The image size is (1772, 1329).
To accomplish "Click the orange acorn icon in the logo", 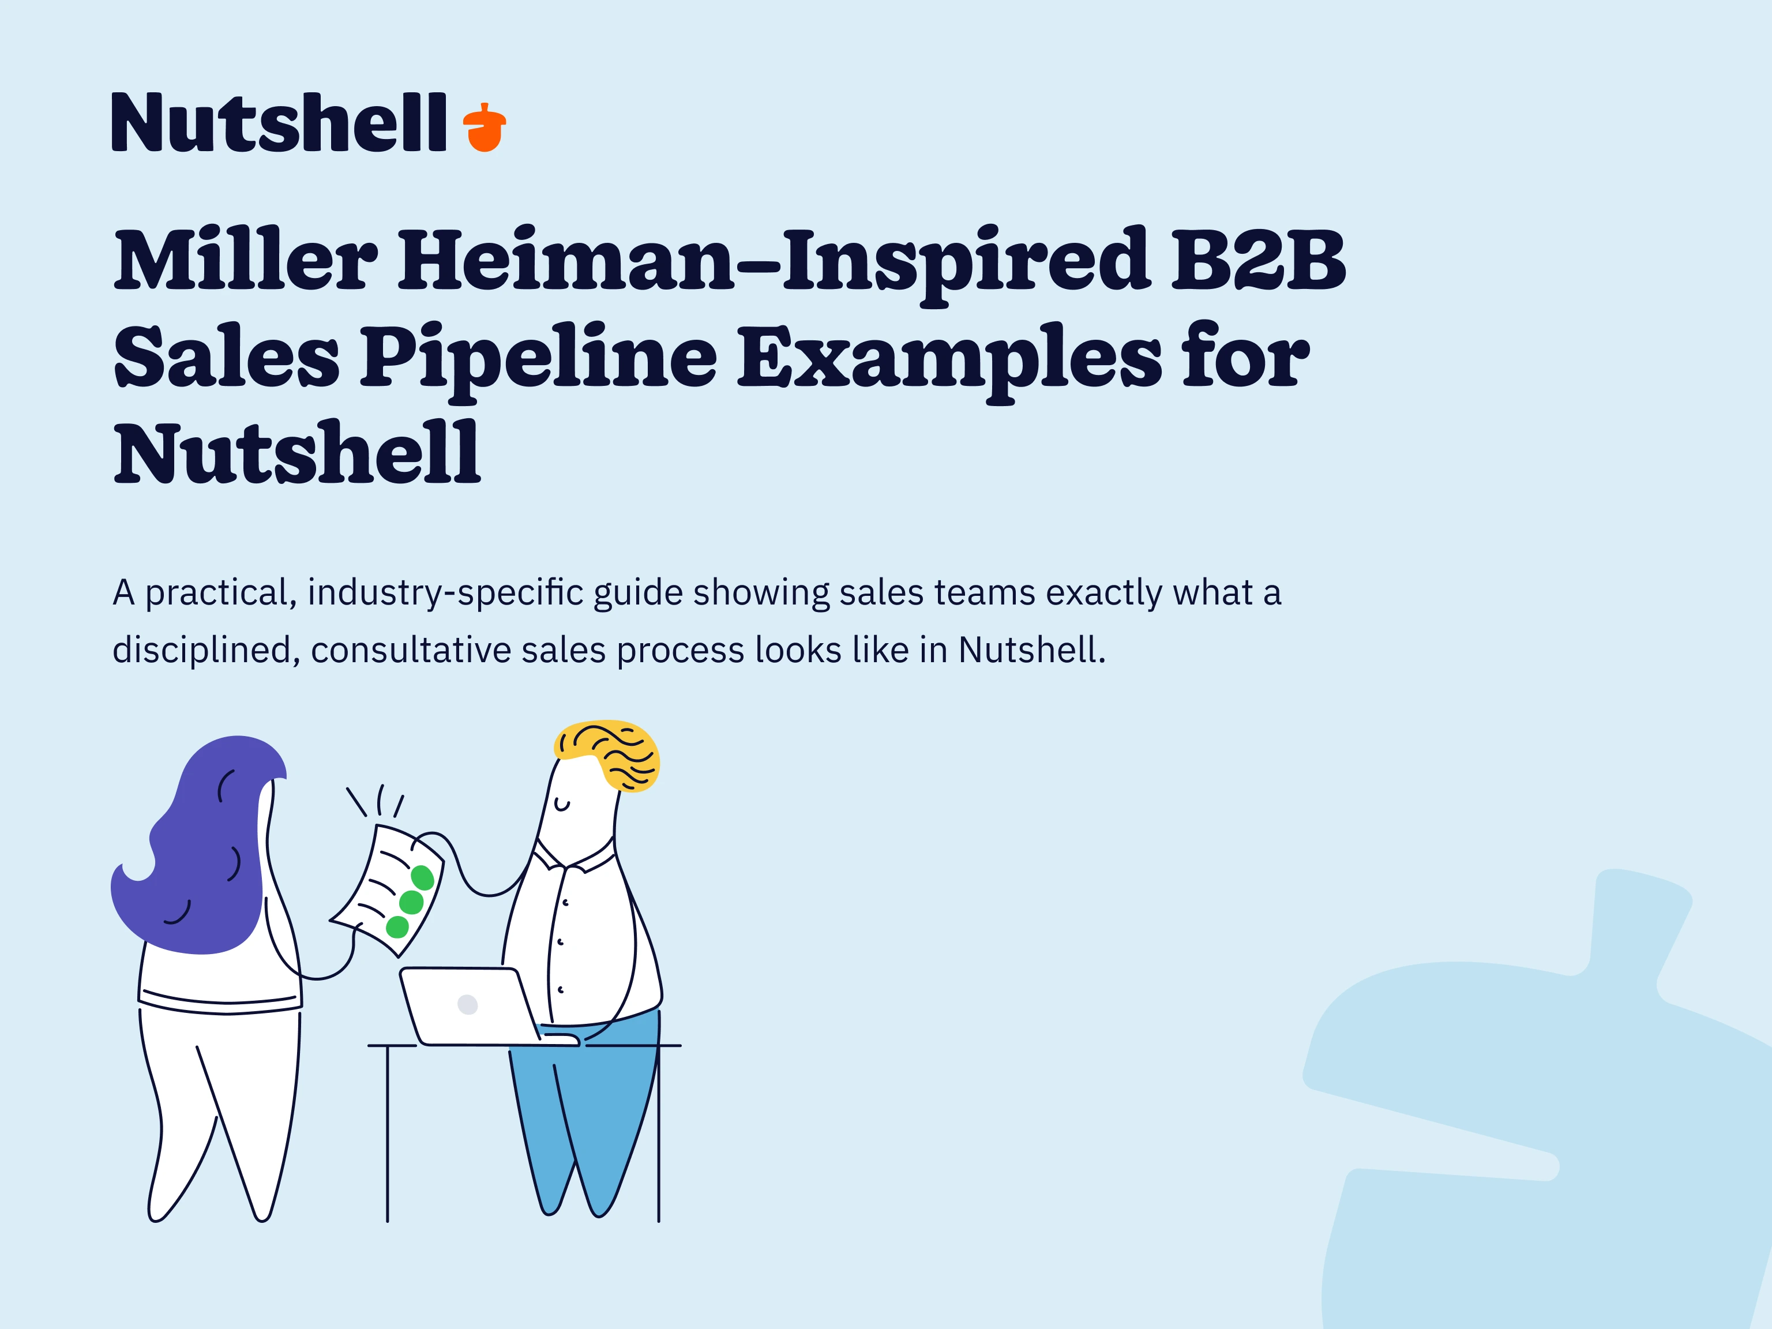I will [x=485, y=128].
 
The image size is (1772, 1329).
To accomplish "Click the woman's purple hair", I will [x=200, y=849].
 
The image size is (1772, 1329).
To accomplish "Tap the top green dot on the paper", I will [x=422, y=878].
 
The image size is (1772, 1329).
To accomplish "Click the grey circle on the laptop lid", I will [x=468, y=1004].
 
